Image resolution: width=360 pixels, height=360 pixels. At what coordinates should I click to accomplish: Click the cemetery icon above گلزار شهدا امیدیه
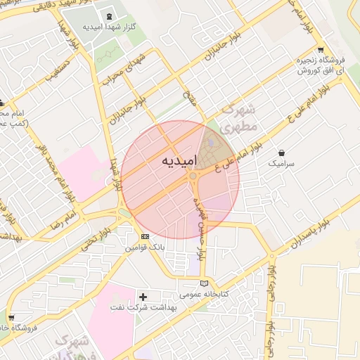(109, 16)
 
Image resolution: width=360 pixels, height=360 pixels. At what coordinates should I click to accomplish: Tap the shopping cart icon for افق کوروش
(321, 50)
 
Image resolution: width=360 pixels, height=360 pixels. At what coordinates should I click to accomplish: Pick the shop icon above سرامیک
(282, 152)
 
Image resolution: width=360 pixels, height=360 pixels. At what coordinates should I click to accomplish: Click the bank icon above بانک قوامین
(145, 237)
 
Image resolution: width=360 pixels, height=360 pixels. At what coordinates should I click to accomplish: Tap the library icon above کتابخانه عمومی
(204, 283)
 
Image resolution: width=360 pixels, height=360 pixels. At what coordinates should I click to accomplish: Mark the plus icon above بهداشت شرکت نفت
(143, 297)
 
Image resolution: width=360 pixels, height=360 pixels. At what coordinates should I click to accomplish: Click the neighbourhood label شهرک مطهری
(239, 120)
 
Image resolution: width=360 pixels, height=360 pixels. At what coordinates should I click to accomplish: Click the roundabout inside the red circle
(192, 176)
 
